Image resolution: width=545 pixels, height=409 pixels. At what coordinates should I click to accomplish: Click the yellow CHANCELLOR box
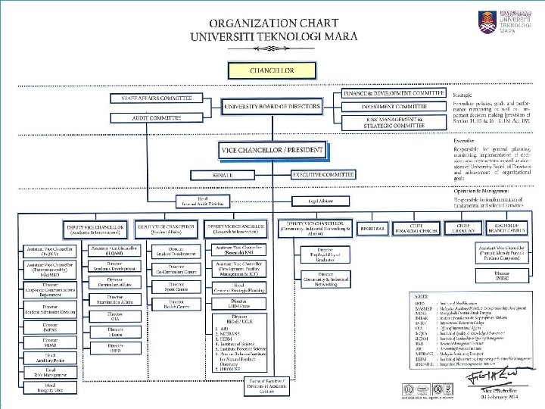(272, 70)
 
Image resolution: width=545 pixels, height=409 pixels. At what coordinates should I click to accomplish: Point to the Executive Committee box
(324, 175)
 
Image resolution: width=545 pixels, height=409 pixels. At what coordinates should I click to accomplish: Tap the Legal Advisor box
(321, 201)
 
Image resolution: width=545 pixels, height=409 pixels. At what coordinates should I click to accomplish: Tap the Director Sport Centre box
(176, 286)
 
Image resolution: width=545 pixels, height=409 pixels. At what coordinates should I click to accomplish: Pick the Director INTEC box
(502, 275)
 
